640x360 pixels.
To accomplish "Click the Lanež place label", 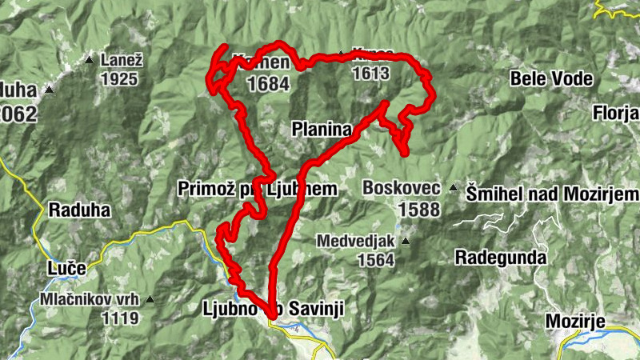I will (120, 60).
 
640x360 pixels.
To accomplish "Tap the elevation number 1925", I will (120, 79).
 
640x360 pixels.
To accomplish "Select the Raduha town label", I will (78, 211).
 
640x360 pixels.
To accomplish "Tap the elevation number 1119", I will (120, 318).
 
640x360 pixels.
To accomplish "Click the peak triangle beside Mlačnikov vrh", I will (149, 300).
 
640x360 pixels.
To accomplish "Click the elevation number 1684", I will (268, 83).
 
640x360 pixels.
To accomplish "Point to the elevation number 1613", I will (370, 74).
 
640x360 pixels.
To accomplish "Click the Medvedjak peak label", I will (356, 240).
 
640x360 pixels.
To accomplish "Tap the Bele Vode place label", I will (553, 78).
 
